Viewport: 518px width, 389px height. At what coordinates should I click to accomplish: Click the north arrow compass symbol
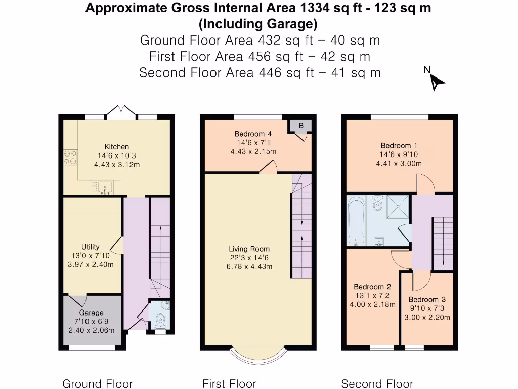pyautogui.click(x=436, y=81)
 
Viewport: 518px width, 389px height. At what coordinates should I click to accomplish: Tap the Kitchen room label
pyautogui.click(x=116, y=147)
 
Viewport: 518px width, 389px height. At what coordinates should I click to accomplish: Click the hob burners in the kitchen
pyautogui.click(x=70, y=158)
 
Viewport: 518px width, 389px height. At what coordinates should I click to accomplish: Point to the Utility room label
pyautogui.click(x=91, y=247)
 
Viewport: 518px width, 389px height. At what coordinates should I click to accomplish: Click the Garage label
pyautogui.click(x=91, y=313)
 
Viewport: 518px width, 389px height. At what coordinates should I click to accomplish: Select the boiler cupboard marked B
pyautogui.click(x=301, y=125)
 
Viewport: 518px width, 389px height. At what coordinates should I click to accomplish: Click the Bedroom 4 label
pyautogui.click(x=253, y=134)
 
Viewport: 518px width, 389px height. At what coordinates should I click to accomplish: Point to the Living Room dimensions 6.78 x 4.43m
pyautogui.click(x=250, y=267)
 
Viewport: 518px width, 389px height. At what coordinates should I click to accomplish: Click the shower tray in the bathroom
pyautogui.click(x=399, y=208)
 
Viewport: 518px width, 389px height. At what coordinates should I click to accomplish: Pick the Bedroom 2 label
pyautogui.click(x=372, y=287)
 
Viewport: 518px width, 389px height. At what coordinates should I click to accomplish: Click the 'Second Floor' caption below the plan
pyautogui.click(x=377, y=384)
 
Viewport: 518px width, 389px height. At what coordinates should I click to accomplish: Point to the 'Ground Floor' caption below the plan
pyautogui.click(x=97, y=384)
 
